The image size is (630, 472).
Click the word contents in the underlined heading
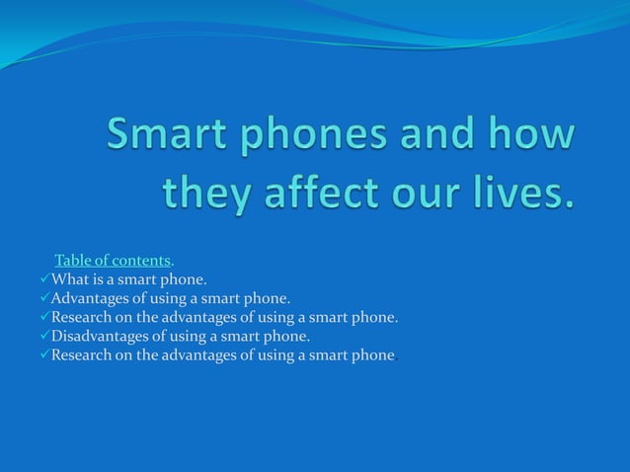tap(141, 261)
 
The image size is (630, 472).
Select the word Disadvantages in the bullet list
tap(98, 336)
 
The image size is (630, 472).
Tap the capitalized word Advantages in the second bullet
tap(88, 298)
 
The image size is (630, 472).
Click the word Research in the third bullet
tap(83, 317)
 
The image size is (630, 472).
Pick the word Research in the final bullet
tap(83, 354)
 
